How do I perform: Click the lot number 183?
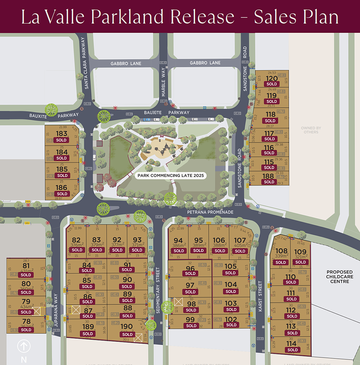coord(62,134)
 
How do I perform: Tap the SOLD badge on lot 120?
coord(272,84)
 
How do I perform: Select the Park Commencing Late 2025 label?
coord(171,175)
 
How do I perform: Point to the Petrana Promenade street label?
coord(210,212)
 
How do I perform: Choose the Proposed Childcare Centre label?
coord(340,277)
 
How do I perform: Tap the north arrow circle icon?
coord(24,346)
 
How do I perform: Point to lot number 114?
coord(291,344)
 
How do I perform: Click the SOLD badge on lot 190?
coord(128,334)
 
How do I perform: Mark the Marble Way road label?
coord(163,83)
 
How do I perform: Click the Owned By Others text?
coord(311,130)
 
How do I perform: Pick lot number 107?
coord(240,241)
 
